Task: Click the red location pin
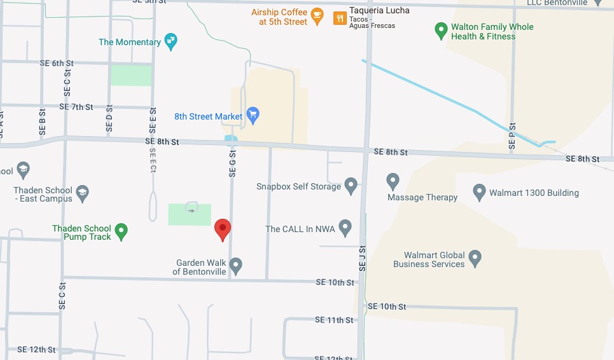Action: [x=222, y=229]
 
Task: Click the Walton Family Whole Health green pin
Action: [x=440, y=30]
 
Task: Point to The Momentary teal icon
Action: [x=171, y=41]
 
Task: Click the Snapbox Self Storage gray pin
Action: [x=351, y=185]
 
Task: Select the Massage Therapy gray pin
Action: [x=393, y=181]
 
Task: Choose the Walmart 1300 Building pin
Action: [x=480, y=191]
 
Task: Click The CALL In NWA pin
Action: [x=345, y=227]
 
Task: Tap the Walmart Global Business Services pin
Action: [x=475, y=258]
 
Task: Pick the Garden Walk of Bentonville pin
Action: [x=236, y=265]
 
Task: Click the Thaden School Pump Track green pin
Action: [x=121, y=231]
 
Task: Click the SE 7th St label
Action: [x=76, y=107]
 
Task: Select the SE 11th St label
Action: [x=334, y=320]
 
